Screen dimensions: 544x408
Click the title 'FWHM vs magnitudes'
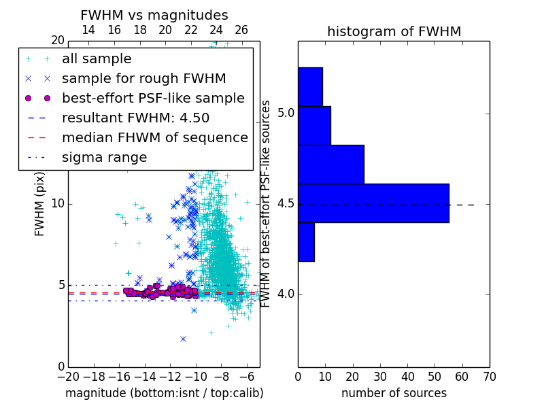(154, 15)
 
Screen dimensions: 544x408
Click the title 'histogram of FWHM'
(394, 31)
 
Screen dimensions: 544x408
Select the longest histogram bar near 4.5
(373, 203)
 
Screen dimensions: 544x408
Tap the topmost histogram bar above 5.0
(311, 87)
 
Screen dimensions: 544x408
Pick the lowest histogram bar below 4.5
(307, 242)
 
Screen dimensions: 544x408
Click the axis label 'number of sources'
(394, 393)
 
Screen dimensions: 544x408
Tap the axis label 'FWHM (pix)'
(39, 204)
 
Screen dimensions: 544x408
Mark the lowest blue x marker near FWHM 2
(183, 339)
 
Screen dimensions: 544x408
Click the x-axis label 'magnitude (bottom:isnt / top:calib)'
(165, 393)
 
